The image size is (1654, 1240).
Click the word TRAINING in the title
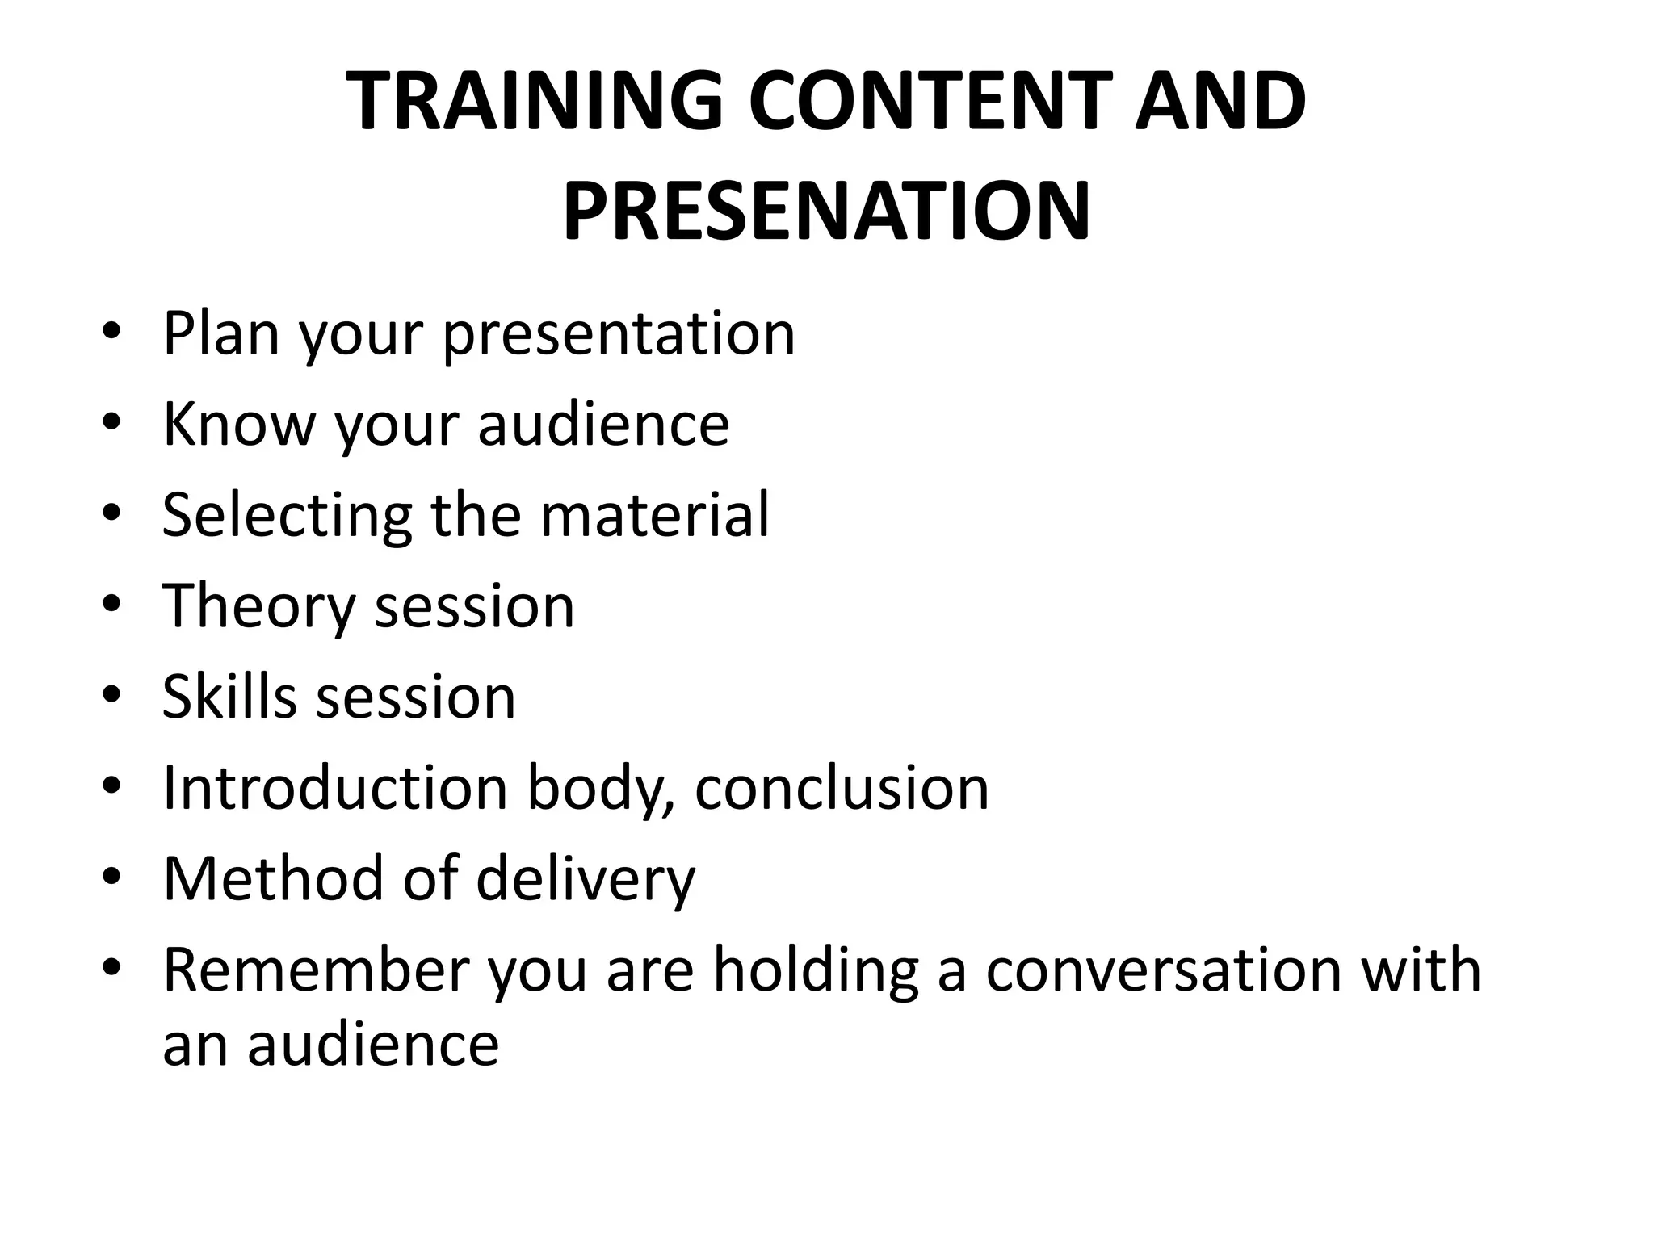pyautogui.click(x=534, y=101)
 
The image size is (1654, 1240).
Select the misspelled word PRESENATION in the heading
pyautogui.click(x=826, y=212)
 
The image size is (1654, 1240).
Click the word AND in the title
pyautogui.click(x=1220, y=101)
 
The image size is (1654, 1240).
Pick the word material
pyautogui.click(x=654, y=514)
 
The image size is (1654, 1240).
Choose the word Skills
pyautogui.click(x=229, y=696)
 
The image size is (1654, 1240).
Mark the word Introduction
pyautogui.click(x=334, y=786)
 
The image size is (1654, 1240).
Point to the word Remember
pyautogui.click(x=316, y=969)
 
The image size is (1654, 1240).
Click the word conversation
pyautogui.click(x=1163, y=969)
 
